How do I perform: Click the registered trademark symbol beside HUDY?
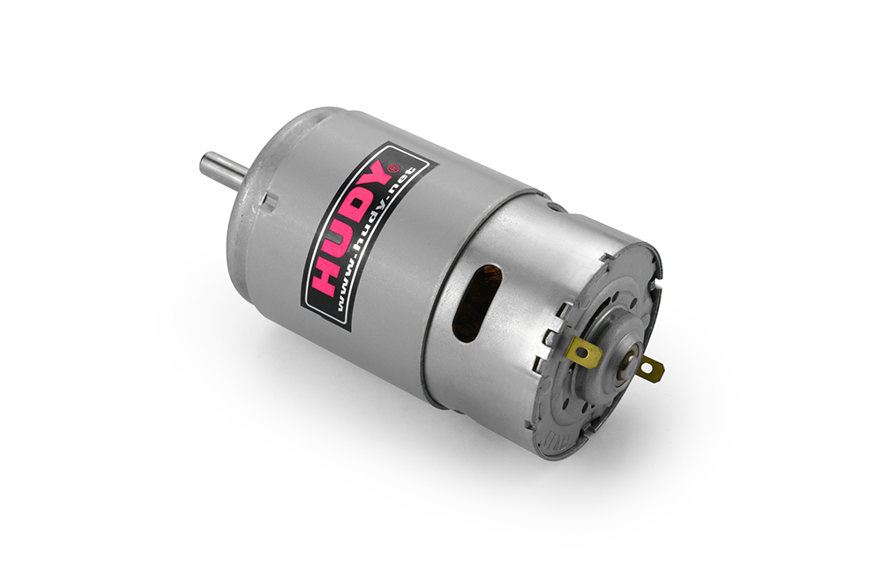tap(394, 167)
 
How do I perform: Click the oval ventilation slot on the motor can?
tap(477, 302)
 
